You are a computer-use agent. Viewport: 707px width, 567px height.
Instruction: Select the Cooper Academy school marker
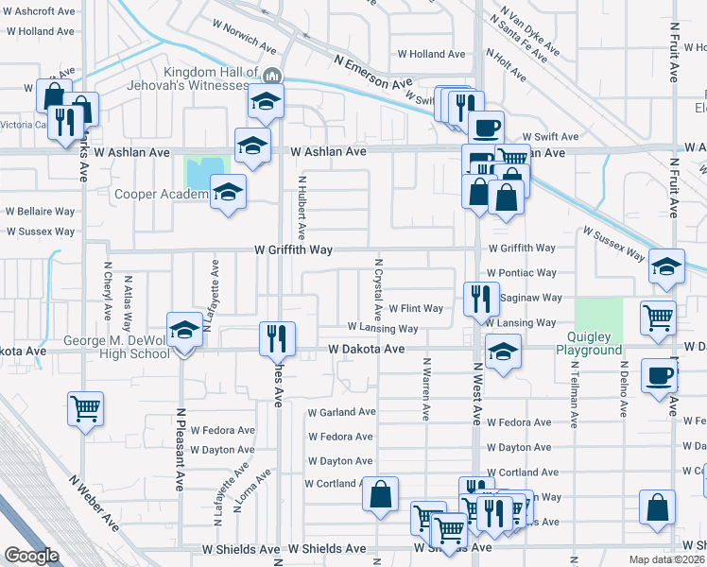[228, 192]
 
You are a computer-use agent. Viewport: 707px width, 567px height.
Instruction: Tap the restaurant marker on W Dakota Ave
[278, 338]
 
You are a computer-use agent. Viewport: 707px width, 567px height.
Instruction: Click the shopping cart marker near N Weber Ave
[85, 409]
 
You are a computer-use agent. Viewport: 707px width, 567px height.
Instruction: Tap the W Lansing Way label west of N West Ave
[382, 328]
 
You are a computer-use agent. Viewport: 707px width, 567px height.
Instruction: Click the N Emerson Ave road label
[372, 72]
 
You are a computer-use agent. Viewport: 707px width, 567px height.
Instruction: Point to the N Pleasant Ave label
[180, 450]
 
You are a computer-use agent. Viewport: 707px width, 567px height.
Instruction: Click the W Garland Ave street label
[341, 412]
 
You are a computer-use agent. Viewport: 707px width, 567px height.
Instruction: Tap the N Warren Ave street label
[426, 388]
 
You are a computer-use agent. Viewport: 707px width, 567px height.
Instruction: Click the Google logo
[31, 556]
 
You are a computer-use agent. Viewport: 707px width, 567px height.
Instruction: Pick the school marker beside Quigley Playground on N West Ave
[504, 353]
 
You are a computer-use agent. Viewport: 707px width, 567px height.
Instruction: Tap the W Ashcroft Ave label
[40, 11]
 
